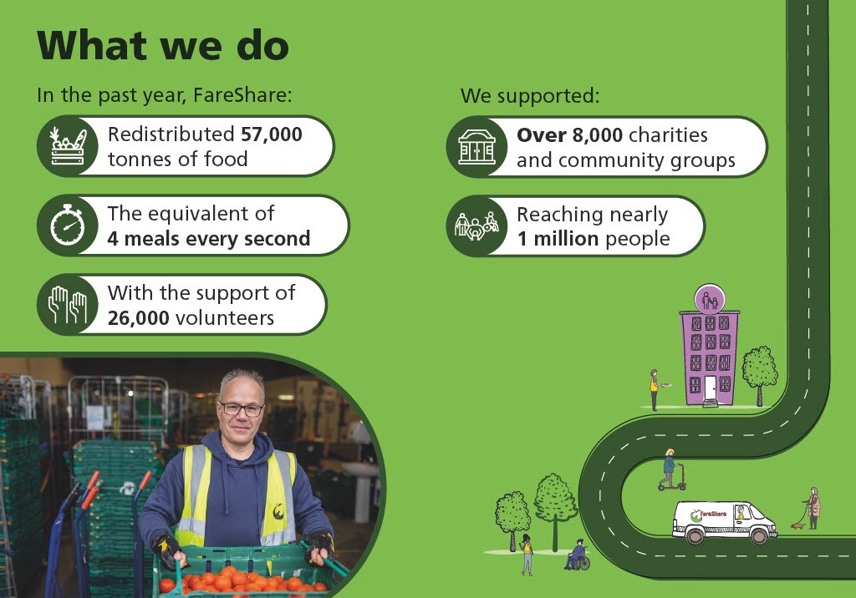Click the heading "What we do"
point(163,45)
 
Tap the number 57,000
point(272,134)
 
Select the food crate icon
point(68,146)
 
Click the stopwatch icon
point(68,225)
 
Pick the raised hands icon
point(68,305)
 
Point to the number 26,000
point(138,318)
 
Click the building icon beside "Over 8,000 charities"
point(476,147)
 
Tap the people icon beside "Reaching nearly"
point(476,226)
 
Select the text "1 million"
point(558,239)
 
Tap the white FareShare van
point(725,522)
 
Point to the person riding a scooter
point(671,469)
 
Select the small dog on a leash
point(797,526)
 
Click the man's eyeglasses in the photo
point(241,409)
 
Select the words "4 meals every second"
point(208,239)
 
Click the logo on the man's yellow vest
point(279,511)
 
